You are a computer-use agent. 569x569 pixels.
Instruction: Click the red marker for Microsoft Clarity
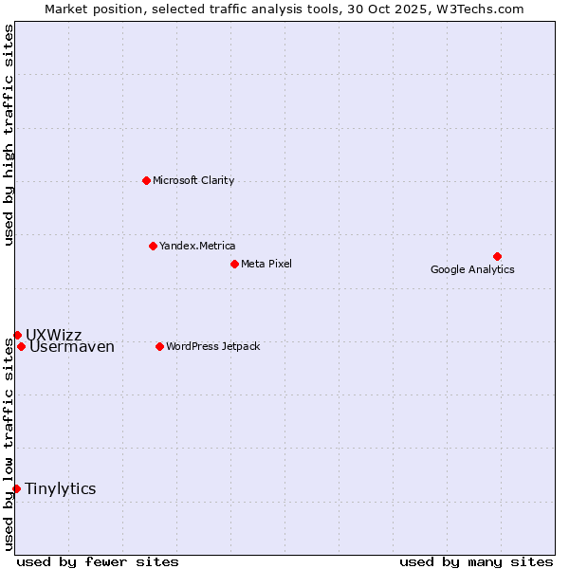[x=146, y=180]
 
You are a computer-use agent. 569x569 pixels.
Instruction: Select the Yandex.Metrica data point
[x=153, y=246]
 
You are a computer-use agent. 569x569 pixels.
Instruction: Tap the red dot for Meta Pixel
[x=234, y=264]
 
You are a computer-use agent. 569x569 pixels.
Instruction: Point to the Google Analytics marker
[x=497, y=256]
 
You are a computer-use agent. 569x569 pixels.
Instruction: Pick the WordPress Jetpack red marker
[x=159, y=346]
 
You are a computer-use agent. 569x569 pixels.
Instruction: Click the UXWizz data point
[x=17, y=335]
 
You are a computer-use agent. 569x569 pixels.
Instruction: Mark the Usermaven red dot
[x=21, y=346]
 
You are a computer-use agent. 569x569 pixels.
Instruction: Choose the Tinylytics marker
[x=16, y=488]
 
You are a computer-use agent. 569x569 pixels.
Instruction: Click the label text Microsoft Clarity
[x=193, y=180]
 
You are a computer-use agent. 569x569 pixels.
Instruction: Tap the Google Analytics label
[x=472, y=269]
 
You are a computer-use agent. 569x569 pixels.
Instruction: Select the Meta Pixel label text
[x=266, y=264]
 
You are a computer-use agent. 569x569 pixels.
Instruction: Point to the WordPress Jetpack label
[x=212, y=346]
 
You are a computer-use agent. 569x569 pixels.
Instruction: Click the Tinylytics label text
[x=61, y=488]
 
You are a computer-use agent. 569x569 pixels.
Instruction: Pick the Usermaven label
[x=72, y=347]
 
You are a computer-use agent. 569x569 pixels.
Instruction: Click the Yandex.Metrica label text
[x=197, y=246]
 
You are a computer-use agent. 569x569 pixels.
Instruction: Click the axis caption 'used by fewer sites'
[x=98, y=561]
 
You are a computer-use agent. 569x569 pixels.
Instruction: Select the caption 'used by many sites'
[x=476, y=561]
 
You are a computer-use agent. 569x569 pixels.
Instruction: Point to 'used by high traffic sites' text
[x=9, y=135]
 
